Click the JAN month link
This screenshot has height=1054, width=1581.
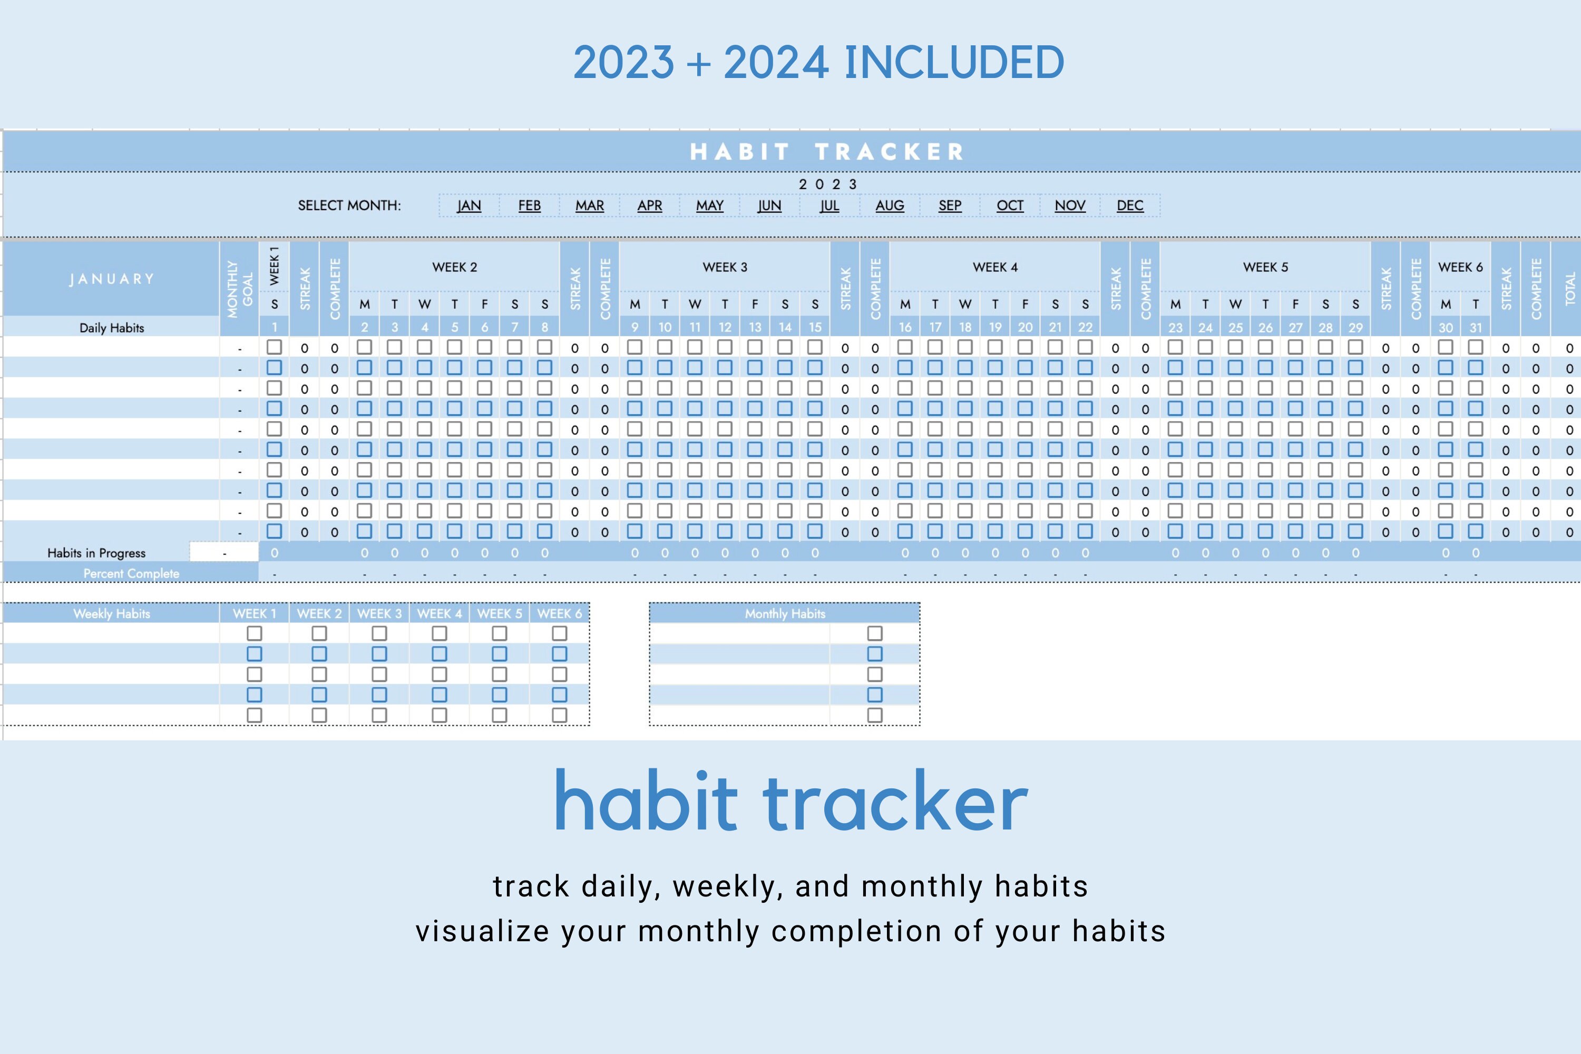469,206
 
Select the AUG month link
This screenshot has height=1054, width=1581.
890,206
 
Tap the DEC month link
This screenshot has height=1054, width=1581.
1130,206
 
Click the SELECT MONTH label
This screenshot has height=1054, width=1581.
349,206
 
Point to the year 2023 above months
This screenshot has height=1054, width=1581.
827,184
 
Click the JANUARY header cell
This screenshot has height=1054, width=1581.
112,279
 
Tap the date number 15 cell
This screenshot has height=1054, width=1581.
815,327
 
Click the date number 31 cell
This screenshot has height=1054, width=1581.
1476,327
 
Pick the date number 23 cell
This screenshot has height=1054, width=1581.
1175,327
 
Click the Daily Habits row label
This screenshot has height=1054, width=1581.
112,328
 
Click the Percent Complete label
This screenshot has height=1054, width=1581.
131,573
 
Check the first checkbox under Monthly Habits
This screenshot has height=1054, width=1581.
874,633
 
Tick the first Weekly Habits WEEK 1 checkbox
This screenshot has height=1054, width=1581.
254,633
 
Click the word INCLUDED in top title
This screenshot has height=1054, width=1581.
954,63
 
